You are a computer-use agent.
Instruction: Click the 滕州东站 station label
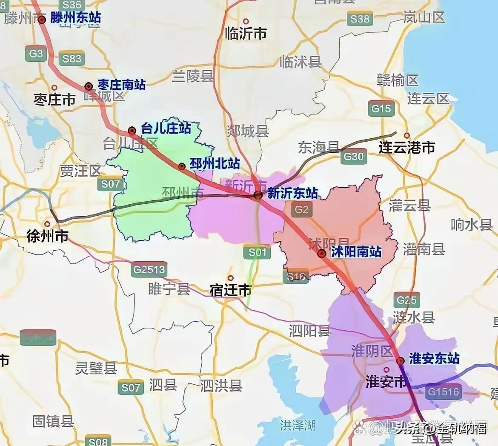click(76, 18)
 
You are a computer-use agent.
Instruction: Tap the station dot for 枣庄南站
click(89, 86)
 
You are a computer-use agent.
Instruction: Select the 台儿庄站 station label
click(166, 128)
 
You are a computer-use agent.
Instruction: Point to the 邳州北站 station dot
click(182, 166)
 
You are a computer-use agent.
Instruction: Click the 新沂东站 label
click(292, 193)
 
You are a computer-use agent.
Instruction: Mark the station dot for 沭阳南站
click(322, 254)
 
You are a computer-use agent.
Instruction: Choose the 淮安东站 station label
click(434, 358)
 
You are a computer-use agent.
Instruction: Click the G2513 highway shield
click(149, 270)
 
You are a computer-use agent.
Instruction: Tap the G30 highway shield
click(353, 157)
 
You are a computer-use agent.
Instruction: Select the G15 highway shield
click(381, 109)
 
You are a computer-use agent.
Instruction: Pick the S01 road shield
click(257, 252)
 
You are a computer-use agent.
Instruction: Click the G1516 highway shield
click(444, 392)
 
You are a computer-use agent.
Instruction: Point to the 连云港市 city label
click(407, 148)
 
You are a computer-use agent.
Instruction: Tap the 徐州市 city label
click(48, 236)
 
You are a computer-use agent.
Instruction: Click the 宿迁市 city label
click(230, 290)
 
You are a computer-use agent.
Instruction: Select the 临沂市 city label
click(246, 33)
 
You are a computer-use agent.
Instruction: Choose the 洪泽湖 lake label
click(298, 425)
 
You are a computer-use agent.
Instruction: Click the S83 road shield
click(72, 58)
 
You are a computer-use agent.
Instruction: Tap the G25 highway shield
click(406, 300)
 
